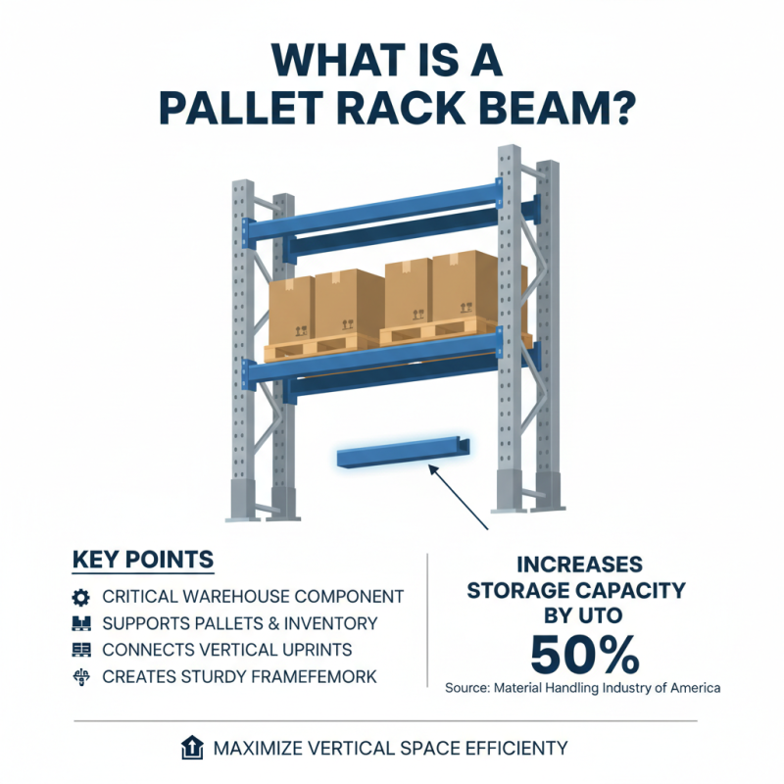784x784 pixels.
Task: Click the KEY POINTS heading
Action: [143, 560]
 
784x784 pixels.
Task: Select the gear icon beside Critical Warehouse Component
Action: [81, 597]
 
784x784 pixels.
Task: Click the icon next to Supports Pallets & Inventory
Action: [81, 623]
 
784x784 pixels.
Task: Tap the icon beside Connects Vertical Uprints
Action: [81, 650]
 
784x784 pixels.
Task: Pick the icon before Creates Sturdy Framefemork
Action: [81, 676]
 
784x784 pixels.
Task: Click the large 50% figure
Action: [584, 653]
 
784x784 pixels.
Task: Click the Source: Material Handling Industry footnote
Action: [582, 688]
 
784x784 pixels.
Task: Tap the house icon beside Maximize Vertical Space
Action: [192, 749]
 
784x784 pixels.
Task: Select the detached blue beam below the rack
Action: [401, 455]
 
